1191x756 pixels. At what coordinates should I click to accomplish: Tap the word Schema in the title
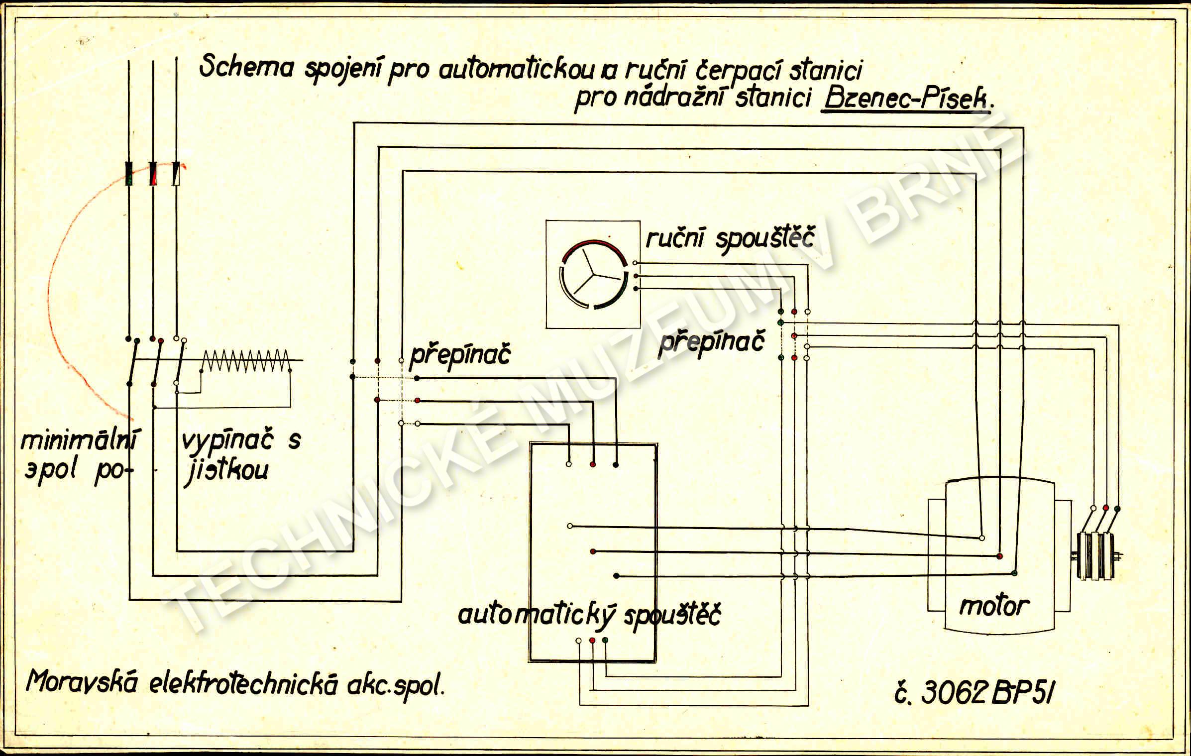[246, 67]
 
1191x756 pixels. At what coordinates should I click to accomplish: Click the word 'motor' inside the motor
[993, 606]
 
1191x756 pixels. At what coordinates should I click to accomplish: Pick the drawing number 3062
[953, 692]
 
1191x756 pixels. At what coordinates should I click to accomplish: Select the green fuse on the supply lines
[129, 174]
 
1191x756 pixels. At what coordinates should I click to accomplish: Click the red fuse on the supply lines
[153, 174]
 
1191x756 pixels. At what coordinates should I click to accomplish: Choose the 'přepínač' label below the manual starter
[711, 342]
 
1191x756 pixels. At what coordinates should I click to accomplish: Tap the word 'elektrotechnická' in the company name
[243, 685]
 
